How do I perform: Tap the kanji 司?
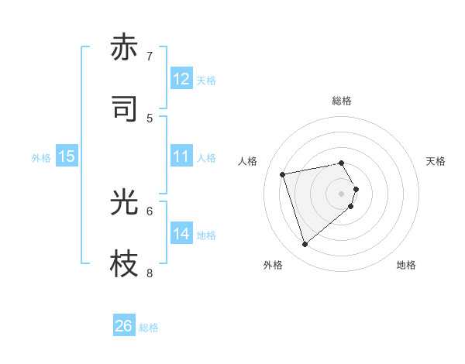coord(124,108)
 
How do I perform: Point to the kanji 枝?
coord(124,264)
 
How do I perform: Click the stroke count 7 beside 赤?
coord(150,57)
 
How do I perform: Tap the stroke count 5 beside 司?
coord(150,118)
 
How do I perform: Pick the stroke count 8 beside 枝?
coord(150,273)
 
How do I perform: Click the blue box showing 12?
coord(181,79)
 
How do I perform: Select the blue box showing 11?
coord(181,156)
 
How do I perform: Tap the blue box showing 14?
coord(181,234)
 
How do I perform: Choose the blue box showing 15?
coord(67,156)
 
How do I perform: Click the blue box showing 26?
coord(124,326)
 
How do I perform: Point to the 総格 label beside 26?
coord(150,328)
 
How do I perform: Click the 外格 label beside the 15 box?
coord(41,157)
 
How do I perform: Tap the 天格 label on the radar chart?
coord(436,161)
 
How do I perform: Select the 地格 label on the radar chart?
coord(406,265)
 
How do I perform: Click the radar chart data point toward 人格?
coord(283,173)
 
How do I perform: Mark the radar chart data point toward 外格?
coord(305,245)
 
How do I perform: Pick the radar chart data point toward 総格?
coord(341,163)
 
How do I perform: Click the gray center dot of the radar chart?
coord(341,192)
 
